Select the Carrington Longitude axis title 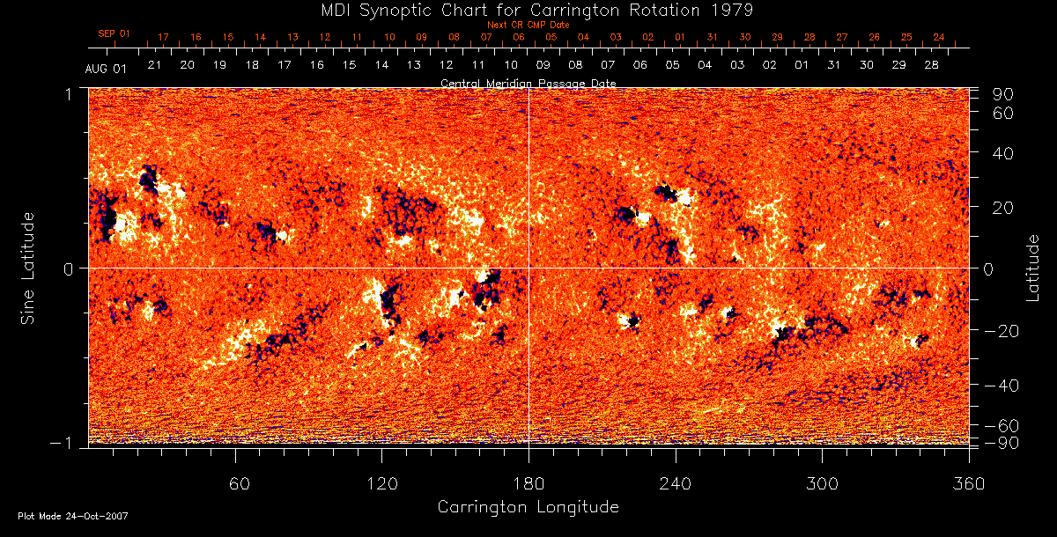[x=528, y=507]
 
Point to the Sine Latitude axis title [x=28, y=268]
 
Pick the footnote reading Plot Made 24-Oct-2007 [x=73, y=516]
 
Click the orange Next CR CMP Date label [x=528, y=25]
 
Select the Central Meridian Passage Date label [x=528, y=83]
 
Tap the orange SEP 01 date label [x=114, y=33]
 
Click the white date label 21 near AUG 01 [x=154, y=65]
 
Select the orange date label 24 [x=939, y=37]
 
